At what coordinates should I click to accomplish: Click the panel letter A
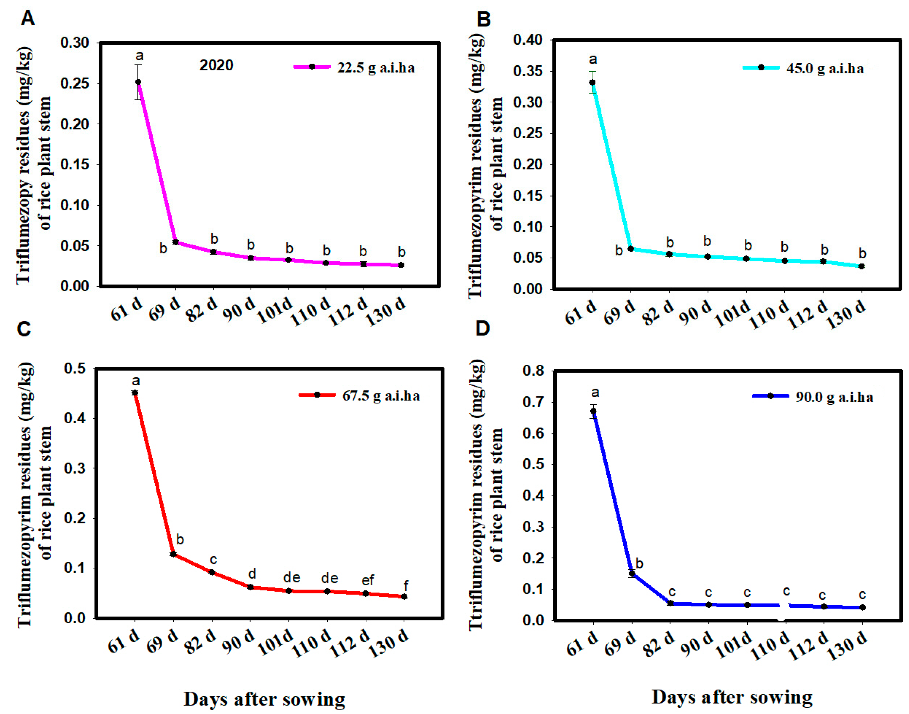coord(28,18)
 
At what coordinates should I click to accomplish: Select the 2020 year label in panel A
coord(216,65)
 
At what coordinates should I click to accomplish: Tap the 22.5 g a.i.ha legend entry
coord(354,67)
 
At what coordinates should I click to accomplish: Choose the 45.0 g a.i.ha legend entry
coord(803,68)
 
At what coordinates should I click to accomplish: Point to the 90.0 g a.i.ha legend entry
coord(813,396)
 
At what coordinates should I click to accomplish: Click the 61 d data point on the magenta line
coord(138,82)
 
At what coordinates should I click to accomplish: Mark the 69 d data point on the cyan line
coord(631,249)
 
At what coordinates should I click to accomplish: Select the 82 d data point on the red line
coord(212,572)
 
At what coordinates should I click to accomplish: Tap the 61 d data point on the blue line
coord(593,411)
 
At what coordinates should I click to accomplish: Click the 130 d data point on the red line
coord(404,596)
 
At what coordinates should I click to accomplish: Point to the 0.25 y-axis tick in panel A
coord(75,83)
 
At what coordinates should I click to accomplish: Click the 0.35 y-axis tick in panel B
coord(528,71)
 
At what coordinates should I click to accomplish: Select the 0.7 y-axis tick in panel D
coord(534,402)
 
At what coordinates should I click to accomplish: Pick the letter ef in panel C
coord(368,580)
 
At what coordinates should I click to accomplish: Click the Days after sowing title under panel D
coord(732,697)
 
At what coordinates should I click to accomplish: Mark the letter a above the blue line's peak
coord(595,392)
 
